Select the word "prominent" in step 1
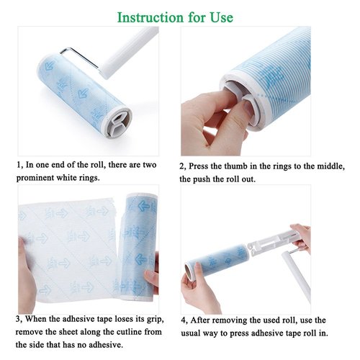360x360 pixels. tap(39, 179)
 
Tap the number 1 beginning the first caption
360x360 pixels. tap(19, 166)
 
